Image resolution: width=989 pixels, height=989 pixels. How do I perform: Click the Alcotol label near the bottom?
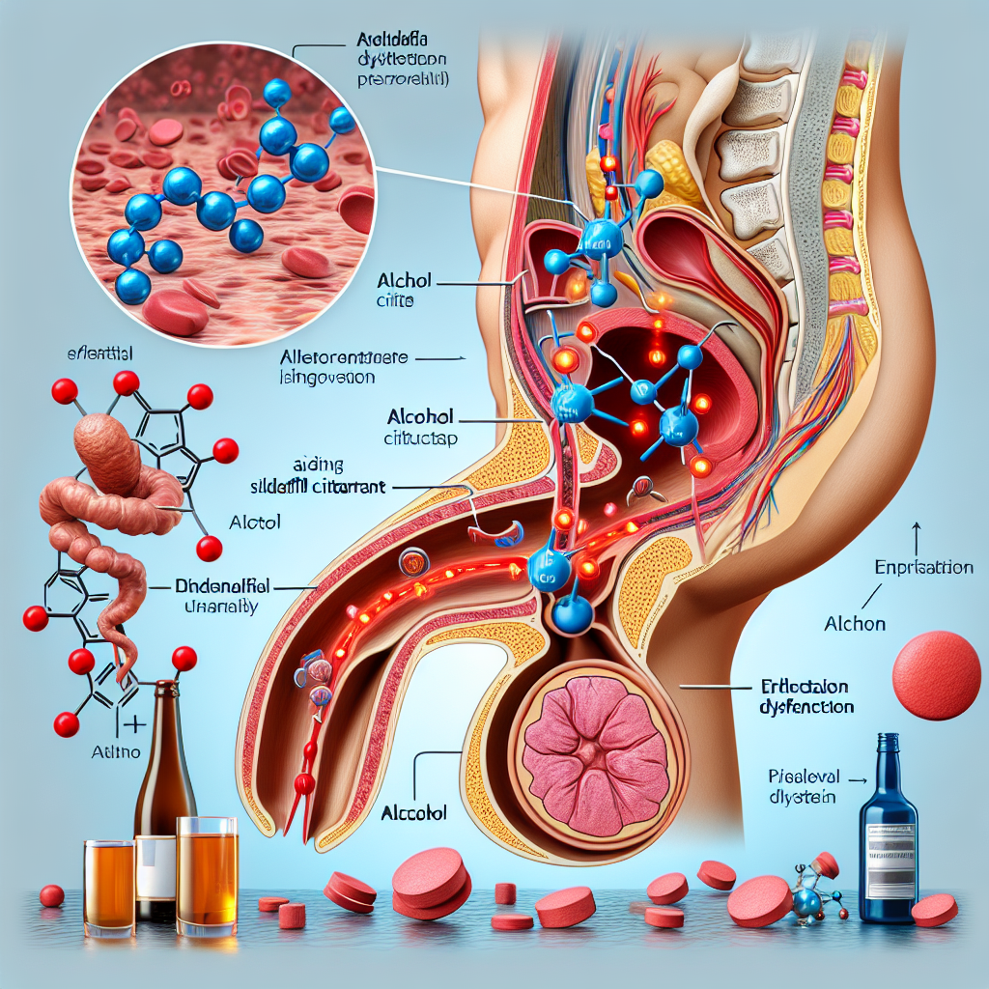coord(417,812)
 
